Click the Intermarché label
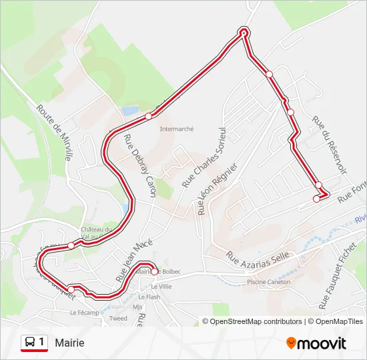coord(177,129)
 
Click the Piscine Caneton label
coord(269,282)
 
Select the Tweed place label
coord(118,319)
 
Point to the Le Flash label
coord(150,297)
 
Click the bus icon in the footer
coord(30,343)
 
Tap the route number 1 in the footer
coord(42,342)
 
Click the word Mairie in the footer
coord(70,343)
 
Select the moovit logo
coord(316,343)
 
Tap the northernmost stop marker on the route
coord(244,32)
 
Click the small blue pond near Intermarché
coord(129,110)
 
